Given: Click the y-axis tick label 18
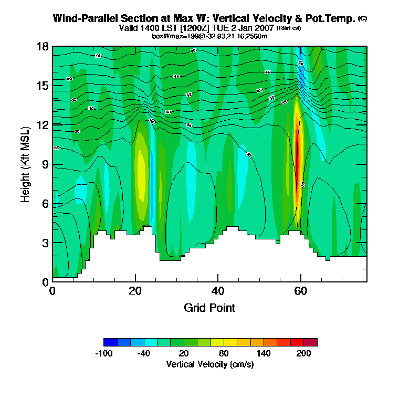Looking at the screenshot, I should [x=43, y=46].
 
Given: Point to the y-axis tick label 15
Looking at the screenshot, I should [x=43, y=86].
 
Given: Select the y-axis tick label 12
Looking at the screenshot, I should [x=43, y=125].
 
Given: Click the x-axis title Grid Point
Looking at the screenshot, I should [x=209, y=308].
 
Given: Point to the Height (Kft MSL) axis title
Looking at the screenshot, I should [x=25, y=164].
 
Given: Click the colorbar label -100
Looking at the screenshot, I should [x=103, y=353].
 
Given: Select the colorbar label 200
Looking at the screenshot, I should [x=304, y=353].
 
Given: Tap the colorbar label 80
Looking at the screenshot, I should [x=224, y=353].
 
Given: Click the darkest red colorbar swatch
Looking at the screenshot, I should [x=311, y=342].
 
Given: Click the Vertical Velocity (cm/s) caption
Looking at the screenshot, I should [x=209, y=364].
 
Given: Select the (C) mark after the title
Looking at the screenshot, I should [x=362, y=18].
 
